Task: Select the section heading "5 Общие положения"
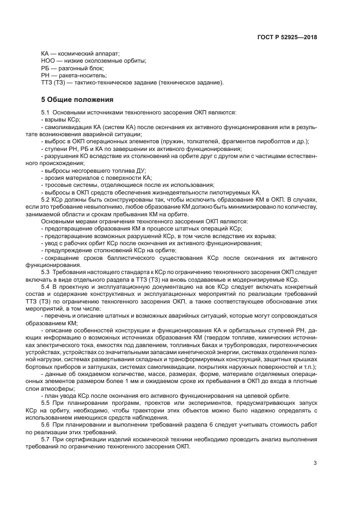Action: click(77, 100)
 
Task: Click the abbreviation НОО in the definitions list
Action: click(47, 61)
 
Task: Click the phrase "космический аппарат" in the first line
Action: click(89, 54)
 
